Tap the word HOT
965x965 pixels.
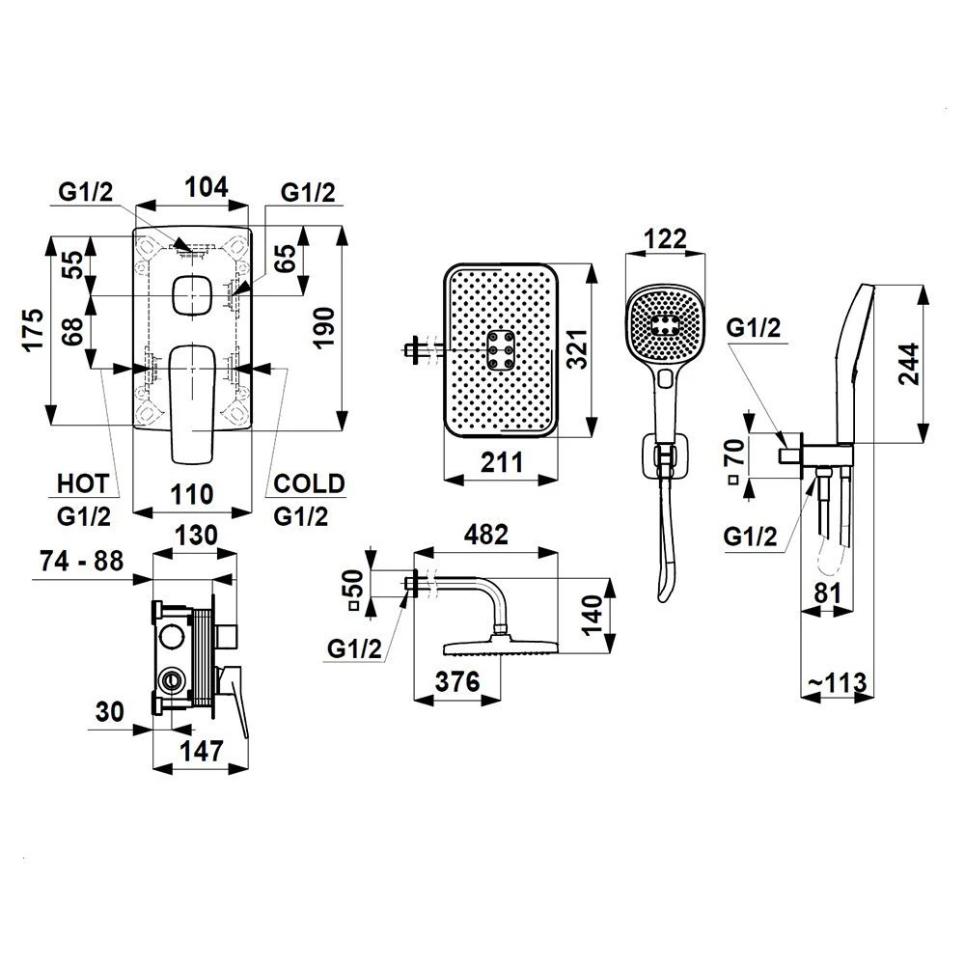(x=83, y=484)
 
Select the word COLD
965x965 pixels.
(x=309, y=483)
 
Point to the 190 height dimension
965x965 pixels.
(x=324, y=328)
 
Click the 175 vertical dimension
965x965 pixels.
(x=34, y=330)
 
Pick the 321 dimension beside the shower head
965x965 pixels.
(x=577, y=349)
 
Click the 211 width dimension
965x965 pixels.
(x=501, y=462)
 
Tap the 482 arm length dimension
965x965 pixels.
(x=486, y=535)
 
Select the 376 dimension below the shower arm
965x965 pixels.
(x=457, y=682)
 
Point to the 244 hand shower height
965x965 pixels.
(x=910, y=365)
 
